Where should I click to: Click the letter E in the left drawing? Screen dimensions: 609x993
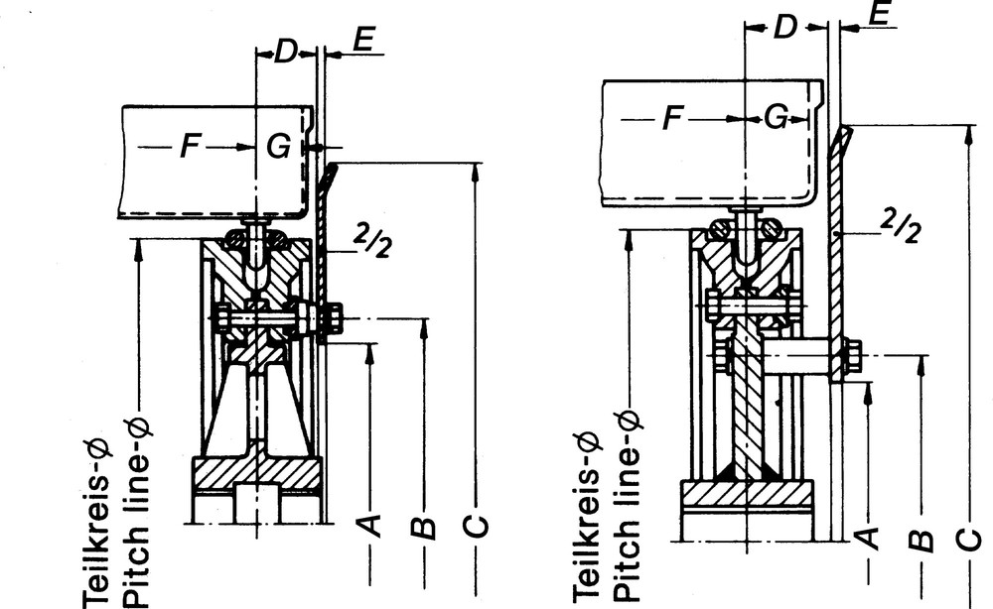(362, 41)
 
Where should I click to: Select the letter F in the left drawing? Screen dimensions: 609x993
(189, 148)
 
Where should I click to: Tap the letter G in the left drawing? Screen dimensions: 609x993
(279, 148)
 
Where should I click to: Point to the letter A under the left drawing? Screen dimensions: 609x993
(369, 525)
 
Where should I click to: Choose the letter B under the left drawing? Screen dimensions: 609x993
(424, 527)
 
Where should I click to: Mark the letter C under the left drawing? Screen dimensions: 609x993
(478, 526)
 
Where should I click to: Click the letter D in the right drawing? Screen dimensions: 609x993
(785, 28)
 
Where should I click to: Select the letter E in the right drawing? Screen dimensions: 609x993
(879, 14)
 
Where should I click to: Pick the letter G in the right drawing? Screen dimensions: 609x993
(776, 119)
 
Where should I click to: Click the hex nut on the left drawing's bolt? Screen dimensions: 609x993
(333, 318)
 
